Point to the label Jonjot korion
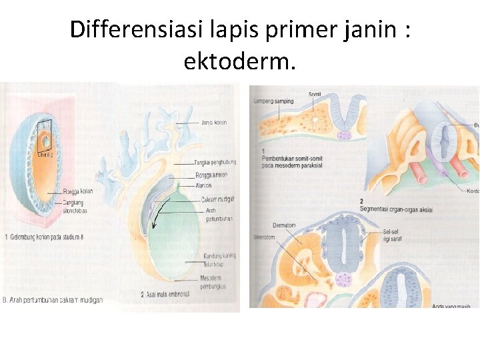click(x=215, y=123)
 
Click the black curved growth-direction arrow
click(x=156, y=213)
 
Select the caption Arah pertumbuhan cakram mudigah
click(x=53, y=301)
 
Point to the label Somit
click(x=315, y=95)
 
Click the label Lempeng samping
click(x=274, y=101)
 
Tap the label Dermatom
click(x=284, y=225)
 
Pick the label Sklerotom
click(x=265, y=236)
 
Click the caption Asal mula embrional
click(x=167, y=294)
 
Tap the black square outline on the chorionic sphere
click(x=44, y=126)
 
